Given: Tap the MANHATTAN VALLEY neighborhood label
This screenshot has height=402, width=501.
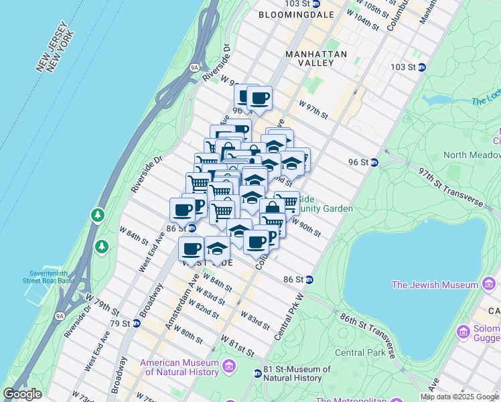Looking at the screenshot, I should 316,58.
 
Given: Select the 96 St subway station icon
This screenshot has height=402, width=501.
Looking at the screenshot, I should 375,162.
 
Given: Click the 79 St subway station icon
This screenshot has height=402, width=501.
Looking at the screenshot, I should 137,324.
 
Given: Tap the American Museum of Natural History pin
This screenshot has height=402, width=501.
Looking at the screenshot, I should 229,366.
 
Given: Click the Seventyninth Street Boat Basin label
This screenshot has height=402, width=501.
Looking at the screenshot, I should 52,277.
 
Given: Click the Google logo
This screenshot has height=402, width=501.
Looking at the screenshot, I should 23,394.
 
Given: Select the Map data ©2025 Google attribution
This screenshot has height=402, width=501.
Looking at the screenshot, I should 459,397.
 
